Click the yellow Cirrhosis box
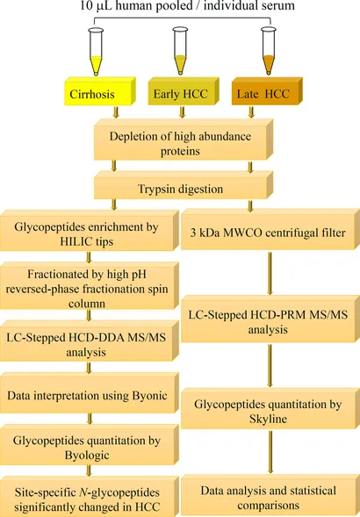point(100,91)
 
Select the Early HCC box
point(184,91)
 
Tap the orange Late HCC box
point(267,91)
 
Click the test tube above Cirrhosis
point(96,52)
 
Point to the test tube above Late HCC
point(269,51)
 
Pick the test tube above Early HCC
point(180,51)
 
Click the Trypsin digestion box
point(184,185)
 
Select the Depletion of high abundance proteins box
point(184,140)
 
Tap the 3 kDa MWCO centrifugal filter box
point(270,229)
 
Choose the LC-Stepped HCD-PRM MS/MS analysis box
point(270,319)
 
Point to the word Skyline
point(268,419)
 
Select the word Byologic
point(87,456)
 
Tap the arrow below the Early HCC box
point(182,112)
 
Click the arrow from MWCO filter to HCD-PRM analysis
point(270,273)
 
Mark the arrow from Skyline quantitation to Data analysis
point(270,452)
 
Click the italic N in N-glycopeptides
point(83,492)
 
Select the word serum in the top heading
point(278,5)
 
